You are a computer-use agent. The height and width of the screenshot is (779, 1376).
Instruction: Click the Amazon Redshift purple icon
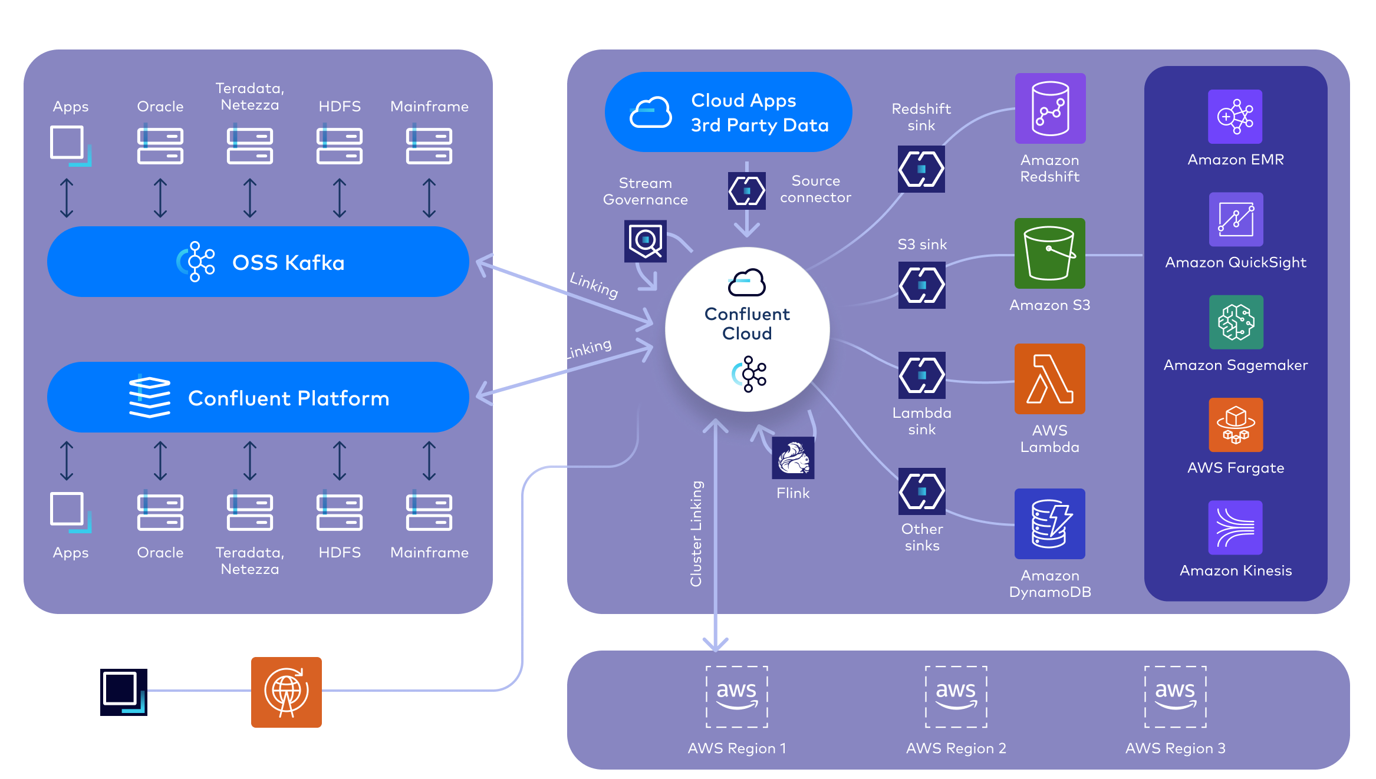[1050, 108]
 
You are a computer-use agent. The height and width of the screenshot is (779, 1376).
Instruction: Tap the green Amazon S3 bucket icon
[1049, 253]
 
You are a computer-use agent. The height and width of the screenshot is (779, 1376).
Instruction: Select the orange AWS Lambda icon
[1049, 379]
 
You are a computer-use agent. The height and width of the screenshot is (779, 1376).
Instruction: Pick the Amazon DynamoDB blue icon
[1049, 523]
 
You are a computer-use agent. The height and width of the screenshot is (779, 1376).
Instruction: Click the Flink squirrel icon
[793, 458]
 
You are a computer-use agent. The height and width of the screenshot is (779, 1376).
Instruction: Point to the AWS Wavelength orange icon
[287, 692]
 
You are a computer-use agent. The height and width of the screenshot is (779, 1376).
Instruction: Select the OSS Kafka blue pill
[258, 262]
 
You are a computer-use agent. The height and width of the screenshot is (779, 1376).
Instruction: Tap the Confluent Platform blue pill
[258, 398]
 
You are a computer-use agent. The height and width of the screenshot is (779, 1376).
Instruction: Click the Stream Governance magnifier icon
[646, 240]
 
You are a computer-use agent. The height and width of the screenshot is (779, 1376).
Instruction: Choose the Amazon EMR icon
[1235, 117]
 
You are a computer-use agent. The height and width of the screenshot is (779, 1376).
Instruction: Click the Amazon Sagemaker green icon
[1236, 322]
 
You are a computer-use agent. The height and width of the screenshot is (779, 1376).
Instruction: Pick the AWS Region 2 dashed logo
[956, 697]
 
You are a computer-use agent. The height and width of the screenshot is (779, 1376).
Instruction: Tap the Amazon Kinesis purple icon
[1235, 527]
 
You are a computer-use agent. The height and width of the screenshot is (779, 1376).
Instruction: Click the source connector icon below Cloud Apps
[746, 191]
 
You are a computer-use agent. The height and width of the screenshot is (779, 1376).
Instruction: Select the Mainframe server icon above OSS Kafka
[429, 146]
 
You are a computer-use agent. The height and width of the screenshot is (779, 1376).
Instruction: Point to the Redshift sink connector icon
[921, 169]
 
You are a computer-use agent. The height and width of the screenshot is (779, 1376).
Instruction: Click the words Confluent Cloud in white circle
[747, 324]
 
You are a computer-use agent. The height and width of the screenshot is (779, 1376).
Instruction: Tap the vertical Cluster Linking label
[696, 533]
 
